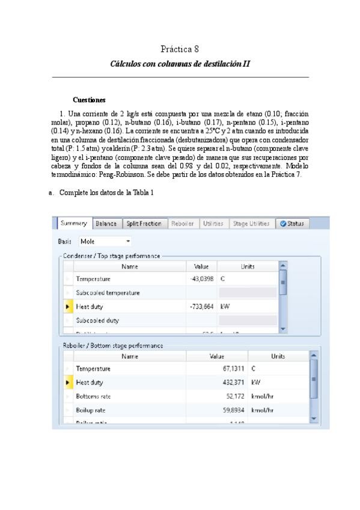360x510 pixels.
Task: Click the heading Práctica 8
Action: pos(180,49)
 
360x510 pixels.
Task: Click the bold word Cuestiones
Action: pos(89,100)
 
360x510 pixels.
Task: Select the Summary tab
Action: pos(74,224)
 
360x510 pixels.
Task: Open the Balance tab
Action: pos(106,224)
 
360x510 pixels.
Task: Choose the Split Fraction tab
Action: pos(144,224)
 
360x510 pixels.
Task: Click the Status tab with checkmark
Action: pos(291,224)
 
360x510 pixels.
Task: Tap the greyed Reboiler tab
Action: pos(182,224)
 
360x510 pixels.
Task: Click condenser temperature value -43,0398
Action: pos(201,279)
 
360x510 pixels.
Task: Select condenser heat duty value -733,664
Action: pos(201,306)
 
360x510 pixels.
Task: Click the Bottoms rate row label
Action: pos(96,396)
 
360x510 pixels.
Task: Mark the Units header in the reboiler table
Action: pos(278,356)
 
